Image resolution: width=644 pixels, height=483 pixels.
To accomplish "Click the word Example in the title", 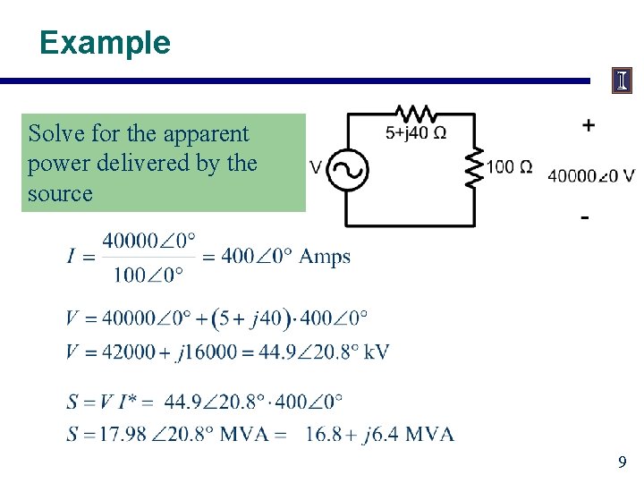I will coord(105,43).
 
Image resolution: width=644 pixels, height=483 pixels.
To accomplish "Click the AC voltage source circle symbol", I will coord(343,170).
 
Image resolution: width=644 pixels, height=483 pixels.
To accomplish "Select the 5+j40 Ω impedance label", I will coord(416,134).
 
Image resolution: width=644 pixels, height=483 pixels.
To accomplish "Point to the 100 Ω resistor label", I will coord(510,167).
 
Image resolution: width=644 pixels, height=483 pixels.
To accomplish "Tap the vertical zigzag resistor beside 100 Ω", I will coord(474,166).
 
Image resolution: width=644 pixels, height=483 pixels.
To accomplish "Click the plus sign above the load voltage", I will coord(588,125).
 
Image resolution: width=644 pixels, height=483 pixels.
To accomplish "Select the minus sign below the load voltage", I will coord(584,217).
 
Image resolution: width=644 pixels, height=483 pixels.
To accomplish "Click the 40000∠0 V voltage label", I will coord(591,175).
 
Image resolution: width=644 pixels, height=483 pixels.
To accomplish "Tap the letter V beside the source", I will coord(316,167).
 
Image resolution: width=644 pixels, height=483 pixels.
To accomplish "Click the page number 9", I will coord(623,463).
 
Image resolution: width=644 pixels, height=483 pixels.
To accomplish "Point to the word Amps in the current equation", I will coord(325,258).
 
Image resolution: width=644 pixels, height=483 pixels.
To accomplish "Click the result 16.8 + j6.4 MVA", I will coord(379,435).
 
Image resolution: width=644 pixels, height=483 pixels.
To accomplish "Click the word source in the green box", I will coord(60,193).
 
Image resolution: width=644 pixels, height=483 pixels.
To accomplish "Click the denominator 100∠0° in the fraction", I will coord(148,274).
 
